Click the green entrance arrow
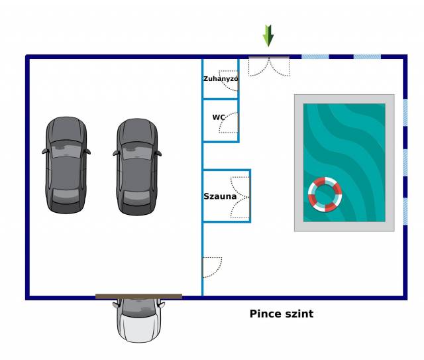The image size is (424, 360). click(x=268, y=36)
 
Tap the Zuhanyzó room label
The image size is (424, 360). click(x=221, y=79)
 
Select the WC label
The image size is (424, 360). click(x=219, y=117)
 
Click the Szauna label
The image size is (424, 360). click(x=220, y=196)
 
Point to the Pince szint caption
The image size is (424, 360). click(x=282, y=314)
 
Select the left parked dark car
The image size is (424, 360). click(x=66, y=165)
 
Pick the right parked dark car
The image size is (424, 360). click(x=137, y=166)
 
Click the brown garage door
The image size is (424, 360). click(x=138, y=296)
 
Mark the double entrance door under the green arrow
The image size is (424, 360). click(x=269, y=66)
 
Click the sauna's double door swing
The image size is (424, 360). click(x=240, y=198)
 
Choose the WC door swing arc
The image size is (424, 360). click(x=229, y=123)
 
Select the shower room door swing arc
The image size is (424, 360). click(x=229, y=81)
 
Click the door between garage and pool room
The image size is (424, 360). click(x=212, y=267)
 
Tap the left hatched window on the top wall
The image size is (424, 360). click(x=315, y=57)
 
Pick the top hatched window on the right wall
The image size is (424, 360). click(x=405, y=112)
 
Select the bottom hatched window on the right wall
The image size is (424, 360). click(x=405, y=211)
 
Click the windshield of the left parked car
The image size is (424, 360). click(x=66, y=150)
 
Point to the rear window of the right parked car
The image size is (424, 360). click(x=137, y=196)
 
